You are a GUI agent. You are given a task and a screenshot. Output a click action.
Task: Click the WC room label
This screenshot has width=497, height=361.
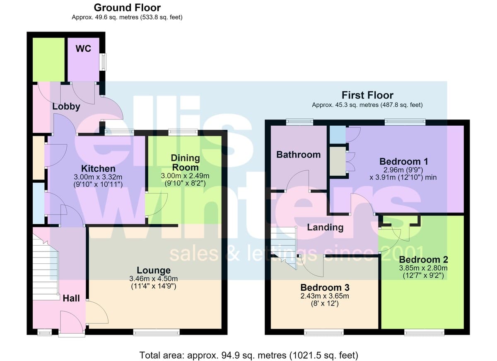pyautogui.click(x=83, y=49)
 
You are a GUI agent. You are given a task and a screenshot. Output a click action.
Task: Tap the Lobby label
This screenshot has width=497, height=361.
pyautogui.click(x=66, y=107)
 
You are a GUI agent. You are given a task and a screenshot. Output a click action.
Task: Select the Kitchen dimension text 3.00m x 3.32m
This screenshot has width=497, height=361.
pyautogui.click(x=98, y=177)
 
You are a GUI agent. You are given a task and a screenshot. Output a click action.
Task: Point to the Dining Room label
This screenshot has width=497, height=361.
pyautogui.click(x=185, y=163)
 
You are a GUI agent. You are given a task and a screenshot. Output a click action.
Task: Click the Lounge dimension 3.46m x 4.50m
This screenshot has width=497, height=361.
pyautogui.click(x=154, y=279)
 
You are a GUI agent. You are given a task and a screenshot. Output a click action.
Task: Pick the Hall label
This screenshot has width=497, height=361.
pyautogui.click(x=71, y=298)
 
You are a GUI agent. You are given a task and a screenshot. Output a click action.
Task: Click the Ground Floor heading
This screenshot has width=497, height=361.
pyautogui.click(x=127, y=8)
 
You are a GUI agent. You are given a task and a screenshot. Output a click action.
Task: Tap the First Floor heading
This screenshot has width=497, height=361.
pyautogui.click(x=367, y=95)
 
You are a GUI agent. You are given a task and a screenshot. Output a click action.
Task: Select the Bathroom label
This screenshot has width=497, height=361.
pyautogui.click(x=299, y=155)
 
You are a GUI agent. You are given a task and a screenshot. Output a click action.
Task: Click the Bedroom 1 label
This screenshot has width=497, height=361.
pyautogui.click(x=404, y=161)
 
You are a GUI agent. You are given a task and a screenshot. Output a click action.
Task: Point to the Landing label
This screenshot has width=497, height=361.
pyautogui.click(x=325, y=227)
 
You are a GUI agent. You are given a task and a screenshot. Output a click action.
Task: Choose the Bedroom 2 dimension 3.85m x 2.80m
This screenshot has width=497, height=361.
pyautogui.click(x=423, y=268)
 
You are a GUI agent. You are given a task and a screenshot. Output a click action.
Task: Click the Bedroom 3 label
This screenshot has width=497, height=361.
pyautogui.click(x=325, y=287)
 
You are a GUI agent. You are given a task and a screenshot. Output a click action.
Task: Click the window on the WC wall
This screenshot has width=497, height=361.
pyautogui.click(x=103, y=62)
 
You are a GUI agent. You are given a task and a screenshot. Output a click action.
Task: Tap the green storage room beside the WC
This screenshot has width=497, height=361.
pyautogui.click(x=48, y=60)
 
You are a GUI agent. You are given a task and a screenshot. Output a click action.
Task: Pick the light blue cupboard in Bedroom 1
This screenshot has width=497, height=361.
pyautogui.click(x=338, y=134)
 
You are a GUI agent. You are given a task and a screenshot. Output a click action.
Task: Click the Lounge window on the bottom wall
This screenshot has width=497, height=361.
pyautogui.click(x=157, y=332)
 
